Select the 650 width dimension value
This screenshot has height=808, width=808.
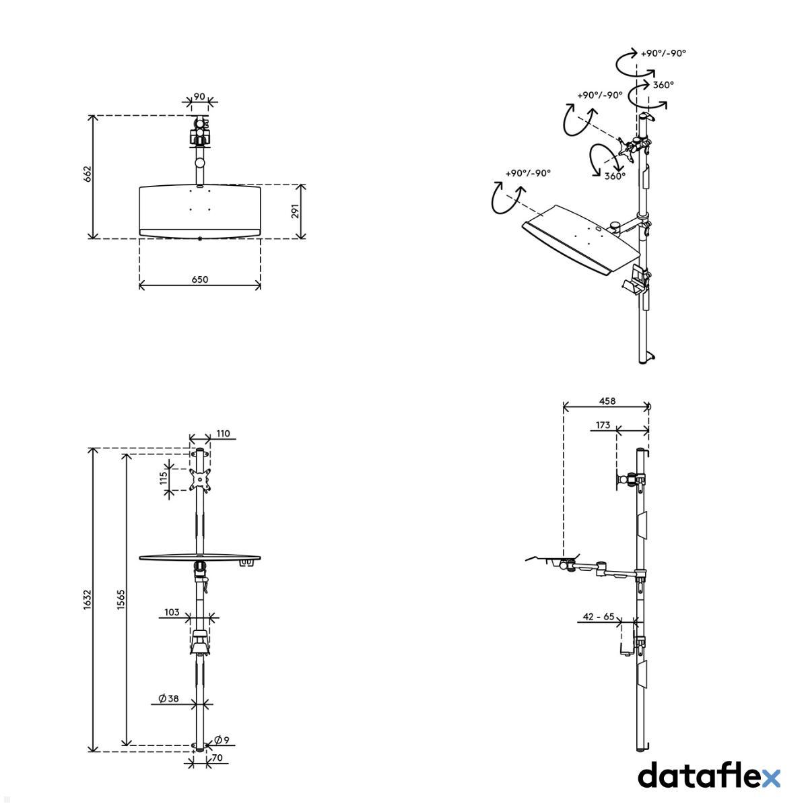200,279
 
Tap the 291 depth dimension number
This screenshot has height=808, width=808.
294,211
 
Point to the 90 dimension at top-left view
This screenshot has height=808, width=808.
199,96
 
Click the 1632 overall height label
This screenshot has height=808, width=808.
87,599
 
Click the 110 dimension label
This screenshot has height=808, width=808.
224,434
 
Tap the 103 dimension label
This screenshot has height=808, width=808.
172,612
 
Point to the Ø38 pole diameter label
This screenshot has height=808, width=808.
168,699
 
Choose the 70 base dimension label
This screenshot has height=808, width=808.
217,758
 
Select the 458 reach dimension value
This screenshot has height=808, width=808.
607,401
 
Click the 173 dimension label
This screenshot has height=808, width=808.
603,425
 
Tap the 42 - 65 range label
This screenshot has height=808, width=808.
598,616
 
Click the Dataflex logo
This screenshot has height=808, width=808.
708,776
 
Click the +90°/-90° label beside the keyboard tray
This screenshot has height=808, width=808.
528,173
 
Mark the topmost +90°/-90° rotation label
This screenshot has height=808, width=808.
663,53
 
